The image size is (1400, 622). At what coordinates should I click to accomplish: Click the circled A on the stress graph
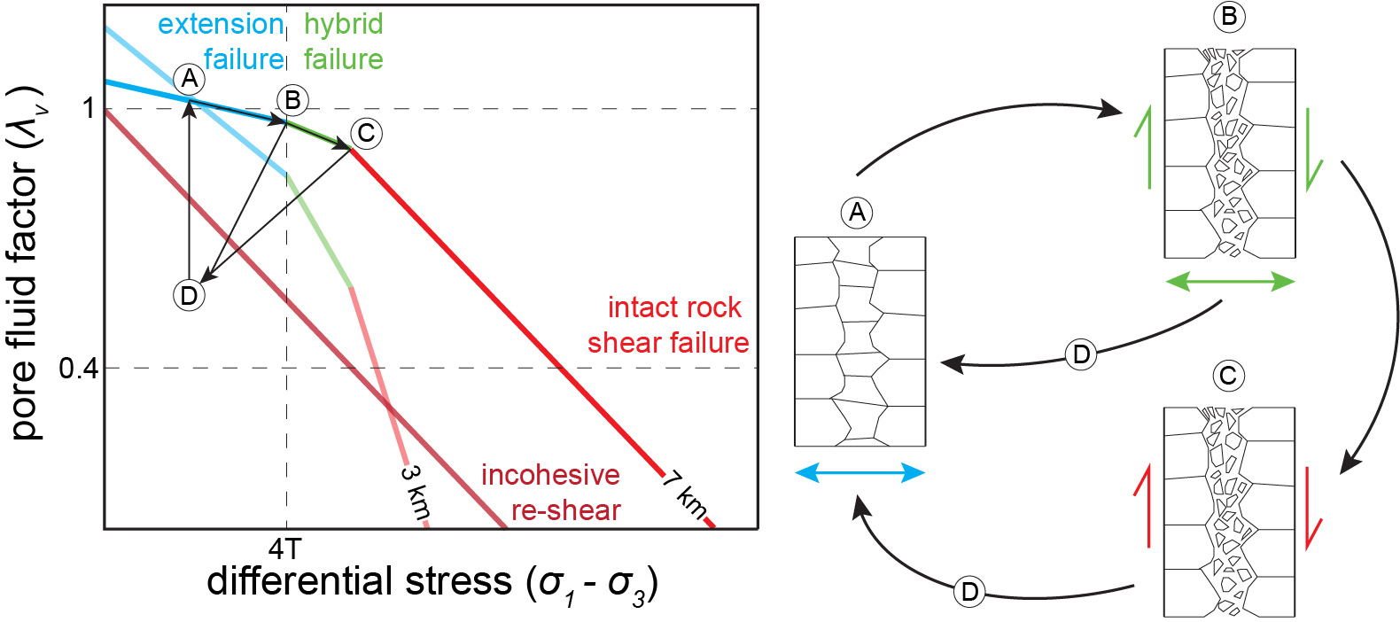coord(189,79)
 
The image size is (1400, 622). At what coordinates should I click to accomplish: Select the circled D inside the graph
coord(189,295)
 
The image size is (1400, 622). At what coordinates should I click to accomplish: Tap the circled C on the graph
coord(366,133)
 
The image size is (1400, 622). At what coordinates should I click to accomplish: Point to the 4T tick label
coord(285,549)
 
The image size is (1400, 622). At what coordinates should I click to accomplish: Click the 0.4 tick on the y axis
coord(79,368)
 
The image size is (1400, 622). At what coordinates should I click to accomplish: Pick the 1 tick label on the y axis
coord(88,108)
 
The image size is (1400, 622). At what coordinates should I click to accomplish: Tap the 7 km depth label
coord(685,495)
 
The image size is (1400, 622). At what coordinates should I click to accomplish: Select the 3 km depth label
coord(415,493)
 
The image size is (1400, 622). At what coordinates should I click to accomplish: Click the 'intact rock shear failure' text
coord(669,325)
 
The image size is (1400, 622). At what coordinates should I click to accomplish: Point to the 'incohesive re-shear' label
coord(551,493)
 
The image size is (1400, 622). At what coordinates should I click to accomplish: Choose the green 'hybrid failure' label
coord(343,42)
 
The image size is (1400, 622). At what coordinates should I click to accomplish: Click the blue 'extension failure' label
coord(222,42)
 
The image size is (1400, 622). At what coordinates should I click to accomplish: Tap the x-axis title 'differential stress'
coord(432,583)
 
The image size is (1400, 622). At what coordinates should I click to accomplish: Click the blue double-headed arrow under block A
coord(859,472)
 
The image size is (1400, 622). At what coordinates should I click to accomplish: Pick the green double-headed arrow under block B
coord(1229,282)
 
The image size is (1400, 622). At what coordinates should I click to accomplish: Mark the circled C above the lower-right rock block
coord(1228,376)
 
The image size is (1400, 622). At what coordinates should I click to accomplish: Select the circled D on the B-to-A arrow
coord(1081,354)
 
